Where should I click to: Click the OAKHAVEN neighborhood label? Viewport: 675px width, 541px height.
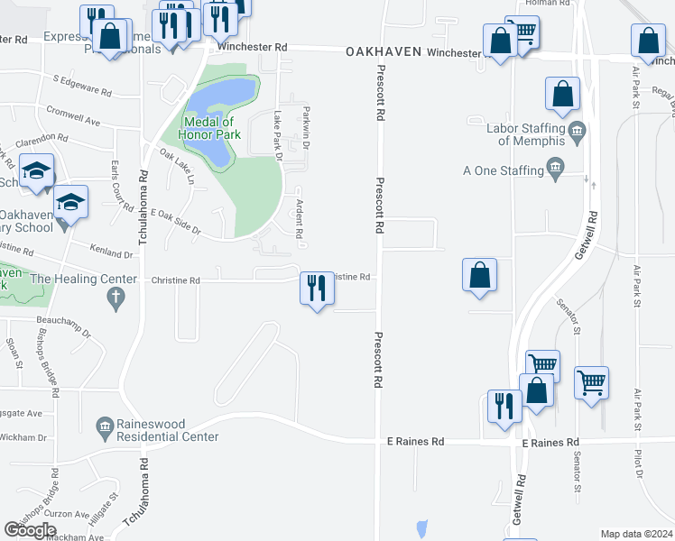384,52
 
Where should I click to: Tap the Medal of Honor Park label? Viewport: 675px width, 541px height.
209,128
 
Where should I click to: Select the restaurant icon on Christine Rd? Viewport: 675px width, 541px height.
315,289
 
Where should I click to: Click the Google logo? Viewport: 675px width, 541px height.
31,530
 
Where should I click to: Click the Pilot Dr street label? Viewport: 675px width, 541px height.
639,461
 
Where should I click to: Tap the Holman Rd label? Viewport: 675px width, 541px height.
553,4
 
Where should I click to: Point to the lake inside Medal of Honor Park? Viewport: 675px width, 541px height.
219,117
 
